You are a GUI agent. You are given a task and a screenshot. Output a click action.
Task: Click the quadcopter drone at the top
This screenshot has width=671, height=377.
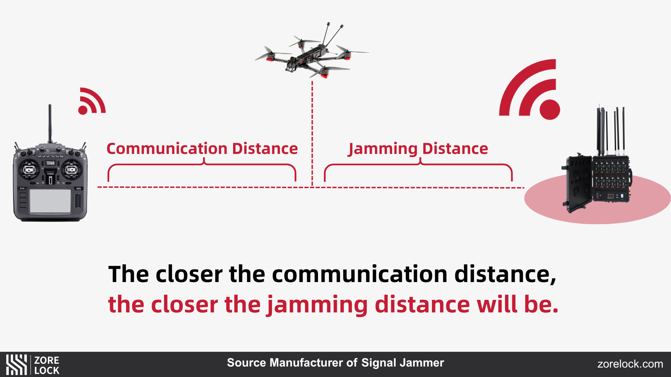[311, 56]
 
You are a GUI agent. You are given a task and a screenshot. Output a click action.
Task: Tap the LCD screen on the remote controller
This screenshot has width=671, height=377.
[50, 201]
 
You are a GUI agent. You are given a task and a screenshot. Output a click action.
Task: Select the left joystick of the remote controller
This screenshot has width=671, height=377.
[29, 170]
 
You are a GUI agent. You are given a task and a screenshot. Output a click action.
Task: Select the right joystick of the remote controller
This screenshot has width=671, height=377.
[71, 170]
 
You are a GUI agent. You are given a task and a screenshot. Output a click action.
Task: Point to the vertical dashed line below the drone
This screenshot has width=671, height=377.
[312, 133]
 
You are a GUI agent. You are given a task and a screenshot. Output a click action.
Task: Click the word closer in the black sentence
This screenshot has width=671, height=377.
[189, 274]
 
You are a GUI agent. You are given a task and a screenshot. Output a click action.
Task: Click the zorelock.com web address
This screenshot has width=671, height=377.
[630, 364]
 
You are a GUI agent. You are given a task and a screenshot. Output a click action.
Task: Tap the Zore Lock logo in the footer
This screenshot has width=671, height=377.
[33, 365]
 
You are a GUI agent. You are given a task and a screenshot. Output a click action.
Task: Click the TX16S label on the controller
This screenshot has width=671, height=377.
[50, 163]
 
